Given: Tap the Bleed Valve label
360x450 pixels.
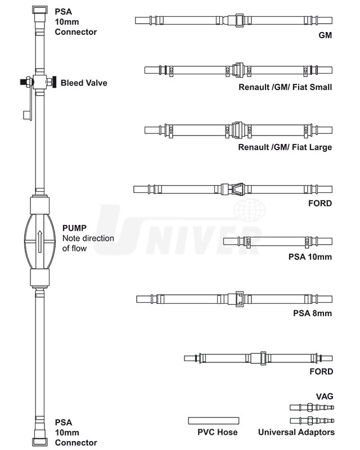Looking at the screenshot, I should pos(84,83).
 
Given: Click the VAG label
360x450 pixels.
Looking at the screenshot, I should pos(325,396).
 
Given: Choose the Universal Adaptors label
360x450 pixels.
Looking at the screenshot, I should pos(296,432).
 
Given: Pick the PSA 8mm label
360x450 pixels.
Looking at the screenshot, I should pos(313,313).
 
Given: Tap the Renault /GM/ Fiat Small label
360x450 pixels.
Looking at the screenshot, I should pos(285,87).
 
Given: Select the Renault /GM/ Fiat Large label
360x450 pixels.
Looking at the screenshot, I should pos(285,147).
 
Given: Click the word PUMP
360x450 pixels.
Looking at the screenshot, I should pos(75,228).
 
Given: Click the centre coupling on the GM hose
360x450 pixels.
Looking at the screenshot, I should pos(238,21).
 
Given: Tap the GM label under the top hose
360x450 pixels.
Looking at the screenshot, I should pos(325,35).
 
